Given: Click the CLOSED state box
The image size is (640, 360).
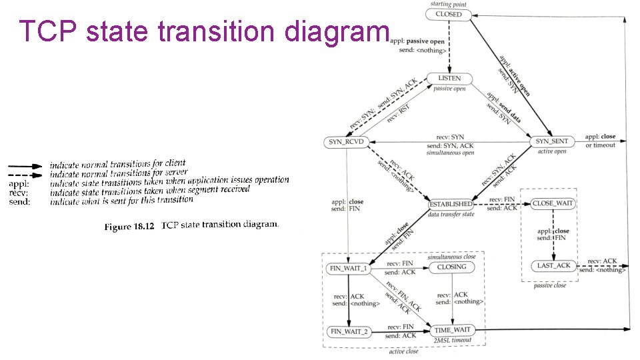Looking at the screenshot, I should coord(449,14).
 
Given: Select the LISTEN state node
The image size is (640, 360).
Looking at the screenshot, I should coord(449,78).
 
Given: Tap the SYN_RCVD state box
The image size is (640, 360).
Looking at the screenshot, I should coord(346,141).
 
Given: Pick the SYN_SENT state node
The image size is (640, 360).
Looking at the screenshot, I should coord(552,141).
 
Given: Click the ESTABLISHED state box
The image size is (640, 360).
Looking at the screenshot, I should coord(451,204).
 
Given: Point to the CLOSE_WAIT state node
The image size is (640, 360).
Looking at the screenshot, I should coord(553,203).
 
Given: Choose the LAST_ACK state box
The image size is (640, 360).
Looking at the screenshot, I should coord(554,265).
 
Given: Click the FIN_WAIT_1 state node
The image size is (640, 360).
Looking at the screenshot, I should coord(348,268).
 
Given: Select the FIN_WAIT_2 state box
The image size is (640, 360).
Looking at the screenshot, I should coord(348,331).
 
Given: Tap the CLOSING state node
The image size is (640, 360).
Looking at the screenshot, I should coord(452,267).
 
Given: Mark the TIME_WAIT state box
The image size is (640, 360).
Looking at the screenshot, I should coord(452,330).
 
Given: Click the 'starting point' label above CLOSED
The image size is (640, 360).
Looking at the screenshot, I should coord(449,4).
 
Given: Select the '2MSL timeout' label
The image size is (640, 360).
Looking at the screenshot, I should coord(452,340).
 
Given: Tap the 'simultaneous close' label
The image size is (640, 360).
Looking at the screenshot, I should coord(452,257).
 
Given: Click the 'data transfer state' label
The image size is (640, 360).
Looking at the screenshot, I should coord(451,214).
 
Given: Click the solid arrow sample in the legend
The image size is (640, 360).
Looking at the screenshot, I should coord(25,165).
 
